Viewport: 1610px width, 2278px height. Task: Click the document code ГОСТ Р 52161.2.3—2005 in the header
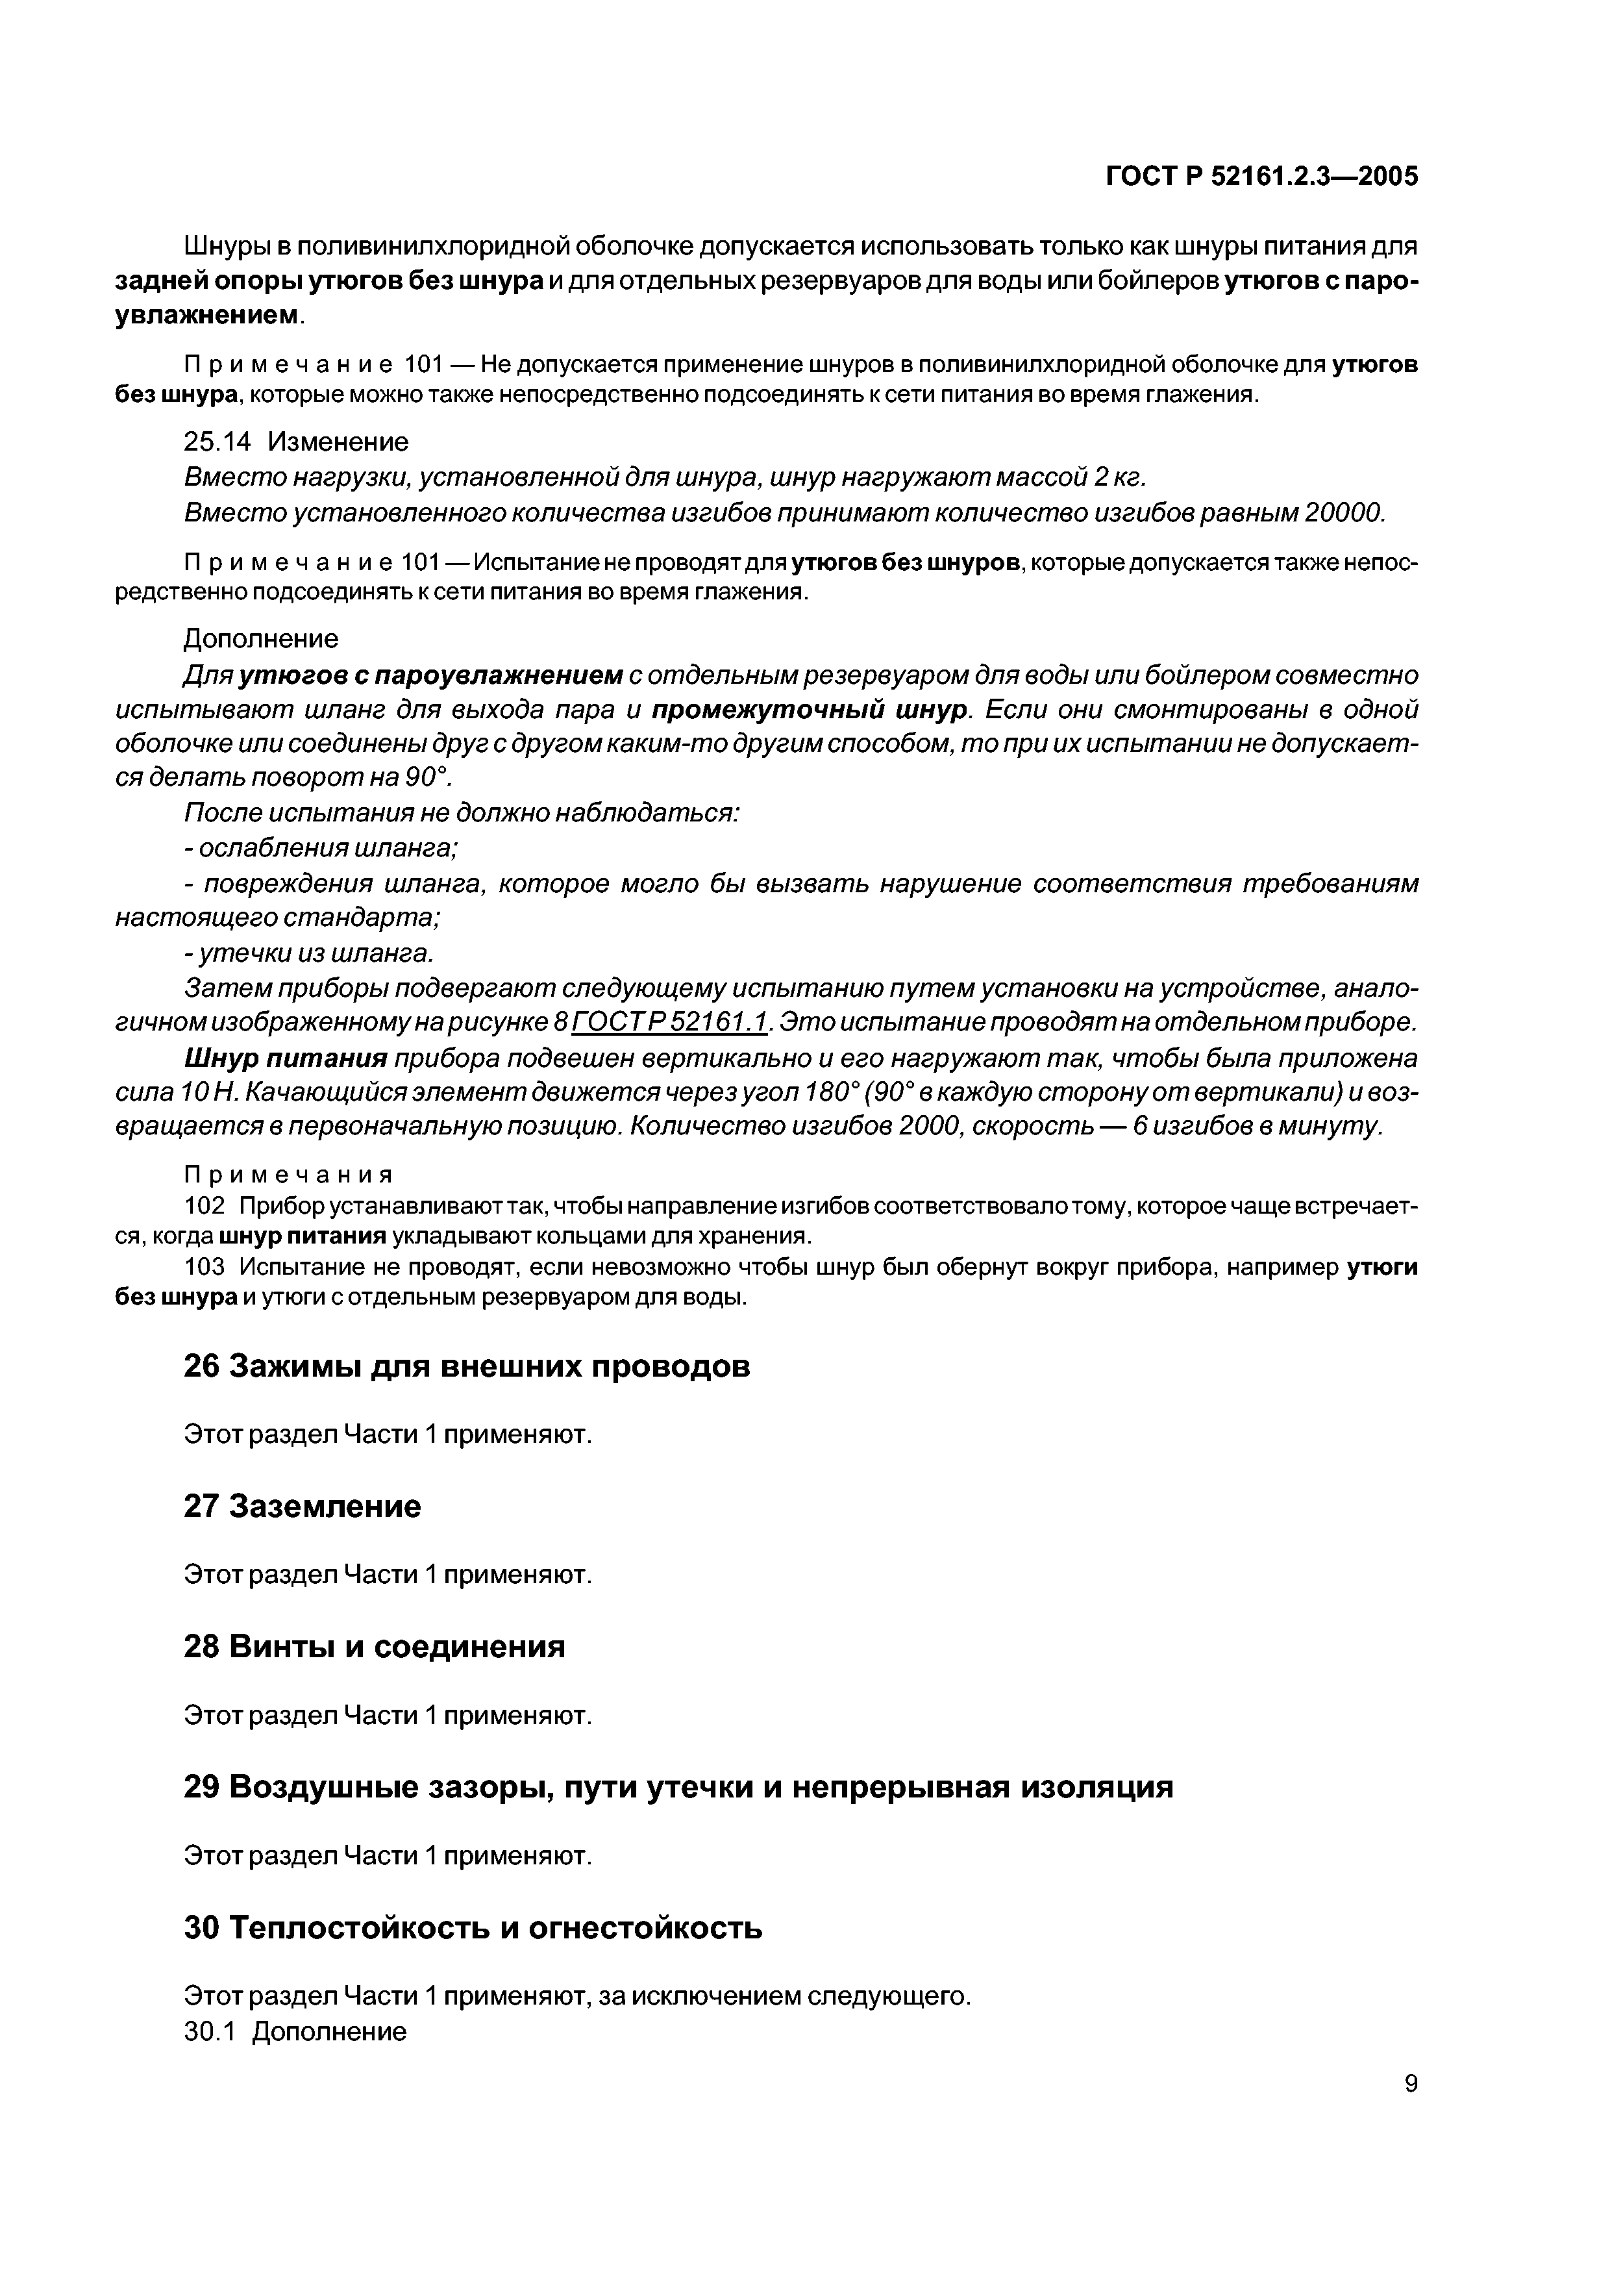pyautogui.click(x=1262, y=177)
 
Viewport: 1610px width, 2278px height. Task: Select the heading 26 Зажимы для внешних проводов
pyautogui.click(x=467, y=1366)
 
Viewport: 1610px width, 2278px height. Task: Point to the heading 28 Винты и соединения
pyautogui.click(x=375, y=1647)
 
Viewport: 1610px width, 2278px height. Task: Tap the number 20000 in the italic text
pyautogui.click(x=1342, y=513)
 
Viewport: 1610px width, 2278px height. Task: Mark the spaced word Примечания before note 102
pyautogui.click(x=289, y=1175)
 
